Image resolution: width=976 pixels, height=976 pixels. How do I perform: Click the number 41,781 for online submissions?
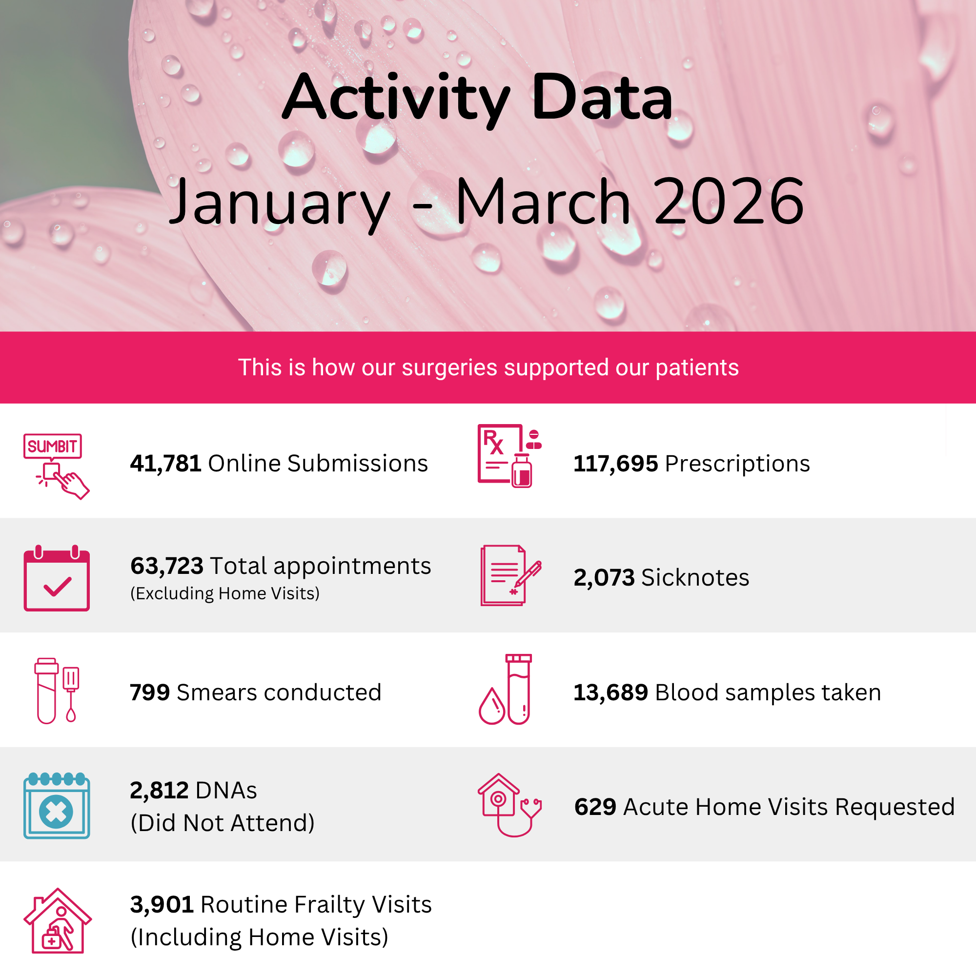(x=166, y=464)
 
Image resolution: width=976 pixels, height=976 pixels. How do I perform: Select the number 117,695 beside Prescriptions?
(x=616, y=464)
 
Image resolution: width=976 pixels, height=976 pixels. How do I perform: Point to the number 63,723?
(x=167, y=566)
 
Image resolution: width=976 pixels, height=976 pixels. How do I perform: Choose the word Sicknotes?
(x=695, y=577)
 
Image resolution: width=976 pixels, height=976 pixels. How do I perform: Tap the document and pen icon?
(x=511, y=575)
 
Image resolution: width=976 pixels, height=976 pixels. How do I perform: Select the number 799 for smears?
(x=149, y=692)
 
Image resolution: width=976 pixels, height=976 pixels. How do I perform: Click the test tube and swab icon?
(x=57, y=691)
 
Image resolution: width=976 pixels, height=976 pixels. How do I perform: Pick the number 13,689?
(x=611, y=692)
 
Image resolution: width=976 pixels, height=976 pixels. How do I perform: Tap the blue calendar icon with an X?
(x=57, y=806)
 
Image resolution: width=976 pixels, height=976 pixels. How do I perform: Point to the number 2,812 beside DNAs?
(x=159, y=791)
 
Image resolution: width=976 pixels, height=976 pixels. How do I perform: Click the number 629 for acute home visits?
(x=595, y=807)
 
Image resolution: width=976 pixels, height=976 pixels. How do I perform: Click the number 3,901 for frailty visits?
(x=162, y=905)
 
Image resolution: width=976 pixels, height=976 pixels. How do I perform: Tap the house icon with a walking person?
(x=58, y=921)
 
